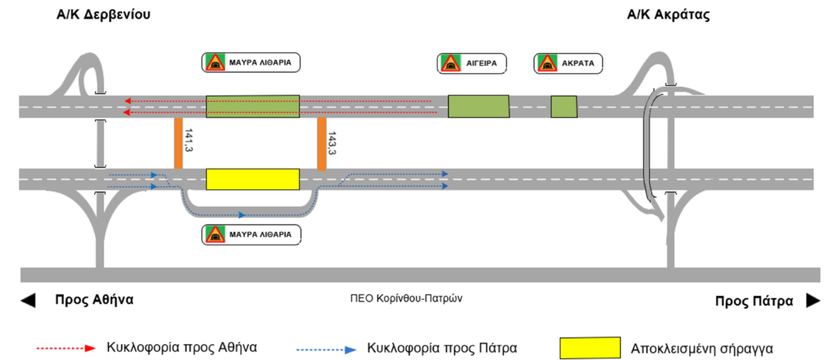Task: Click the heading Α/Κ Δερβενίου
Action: pos(104,15)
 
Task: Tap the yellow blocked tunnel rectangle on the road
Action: pos(253,179)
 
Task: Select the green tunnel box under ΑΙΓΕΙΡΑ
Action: pos(479,106)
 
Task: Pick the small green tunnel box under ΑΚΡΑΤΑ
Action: pos(564,106)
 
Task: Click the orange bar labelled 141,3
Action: pos(178,144)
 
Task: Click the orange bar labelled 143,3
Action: pos(321,144)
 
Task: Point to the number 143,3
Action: pos(332,143)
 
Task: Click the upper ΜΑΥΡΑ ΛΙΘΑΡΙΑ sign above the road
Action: pos(251,63)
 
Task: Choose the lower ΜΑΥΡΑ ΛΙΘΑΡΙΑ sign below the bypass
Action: pos(251,234)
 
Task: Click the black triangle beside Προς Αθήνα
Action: pos(28,300)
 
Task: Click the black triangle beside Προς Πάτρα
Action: pos(812,300)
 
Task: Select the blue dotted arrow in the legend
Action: pos(325,348)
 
